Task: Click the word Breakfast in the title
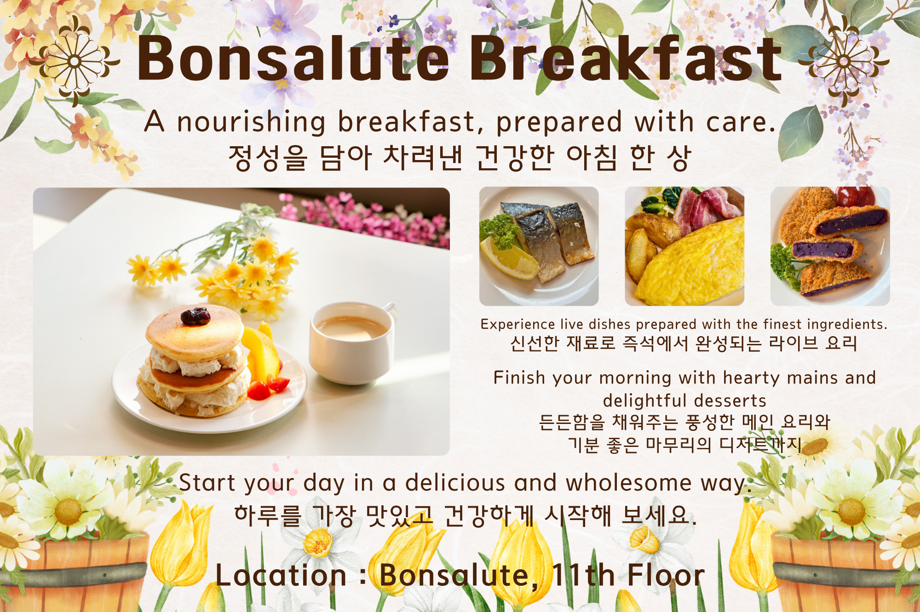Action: coord(626,59)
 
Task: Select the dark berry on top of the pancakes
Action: coord(195,316)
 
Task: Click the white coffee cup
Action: coord(352,343)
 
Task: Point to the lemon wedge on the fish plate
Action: coord(508,257)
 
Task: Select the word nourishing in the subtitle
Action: coord(251,122)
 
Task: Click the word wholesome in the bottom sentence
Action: coord(628,483)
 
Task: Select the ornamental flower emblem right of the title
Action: coord(844,61)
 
